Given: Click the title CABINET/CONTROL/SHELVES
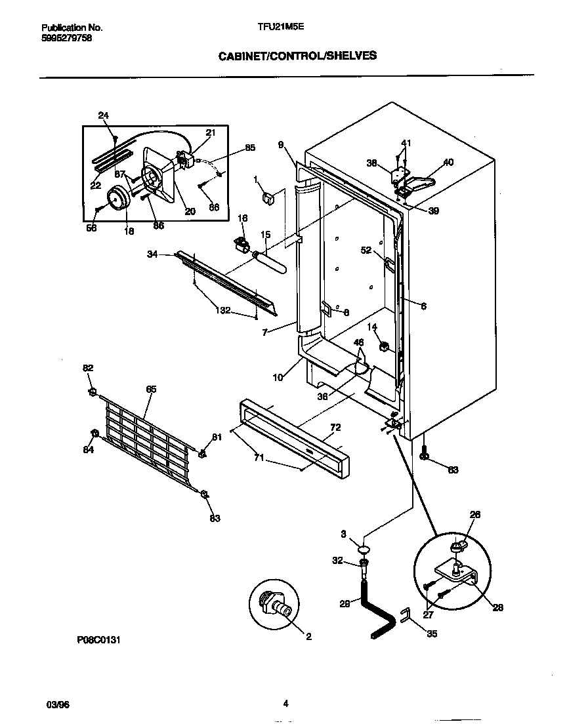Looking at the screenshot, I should [297, 56].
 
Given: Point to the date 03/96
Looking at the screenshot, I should [58, 704].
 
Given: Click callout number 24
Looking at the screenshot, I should [103, 115].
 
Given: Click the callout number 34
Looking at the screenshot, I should [152, 254].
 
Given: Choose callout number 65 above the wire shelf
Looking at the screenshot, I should [151, 389].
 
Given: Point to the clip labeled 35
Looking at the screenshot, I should [406, 615].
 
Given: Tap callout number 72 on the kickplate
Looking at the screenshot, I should [335, 428].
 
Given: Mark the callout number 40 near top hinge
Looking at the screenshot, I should [448, 162].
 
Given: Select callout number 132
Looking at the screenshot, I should [224, 310].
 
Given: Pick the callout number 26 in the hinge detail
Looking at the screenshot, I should [475, 515].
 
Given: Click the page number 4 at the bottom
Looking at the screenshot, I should [285, 704].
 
